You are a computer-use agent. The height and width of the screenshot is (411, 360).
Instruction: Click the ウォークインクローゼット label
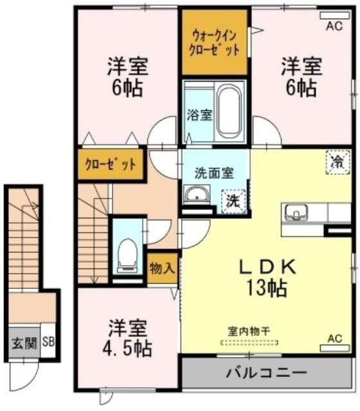[x=215, y=42]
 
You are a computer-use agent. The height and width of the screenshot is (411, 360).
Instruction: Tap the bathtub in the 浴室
[x=229, y=110]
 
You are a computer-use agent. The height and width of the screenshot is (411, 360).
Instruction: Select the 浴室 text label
[x=199, y=115]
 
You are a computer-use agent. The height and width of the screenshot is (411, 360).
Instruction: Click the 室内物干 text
[x=249, y=331]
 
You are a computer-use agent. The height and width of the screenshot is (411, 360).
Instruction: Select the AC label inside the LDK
[x=334, y=338]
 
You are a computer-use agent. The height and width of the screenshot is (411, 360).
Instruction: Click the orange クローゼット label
[x=111, y=164]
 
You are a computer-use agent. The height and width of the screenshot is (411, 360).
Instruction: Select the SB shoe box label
[x=48, y=342]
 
